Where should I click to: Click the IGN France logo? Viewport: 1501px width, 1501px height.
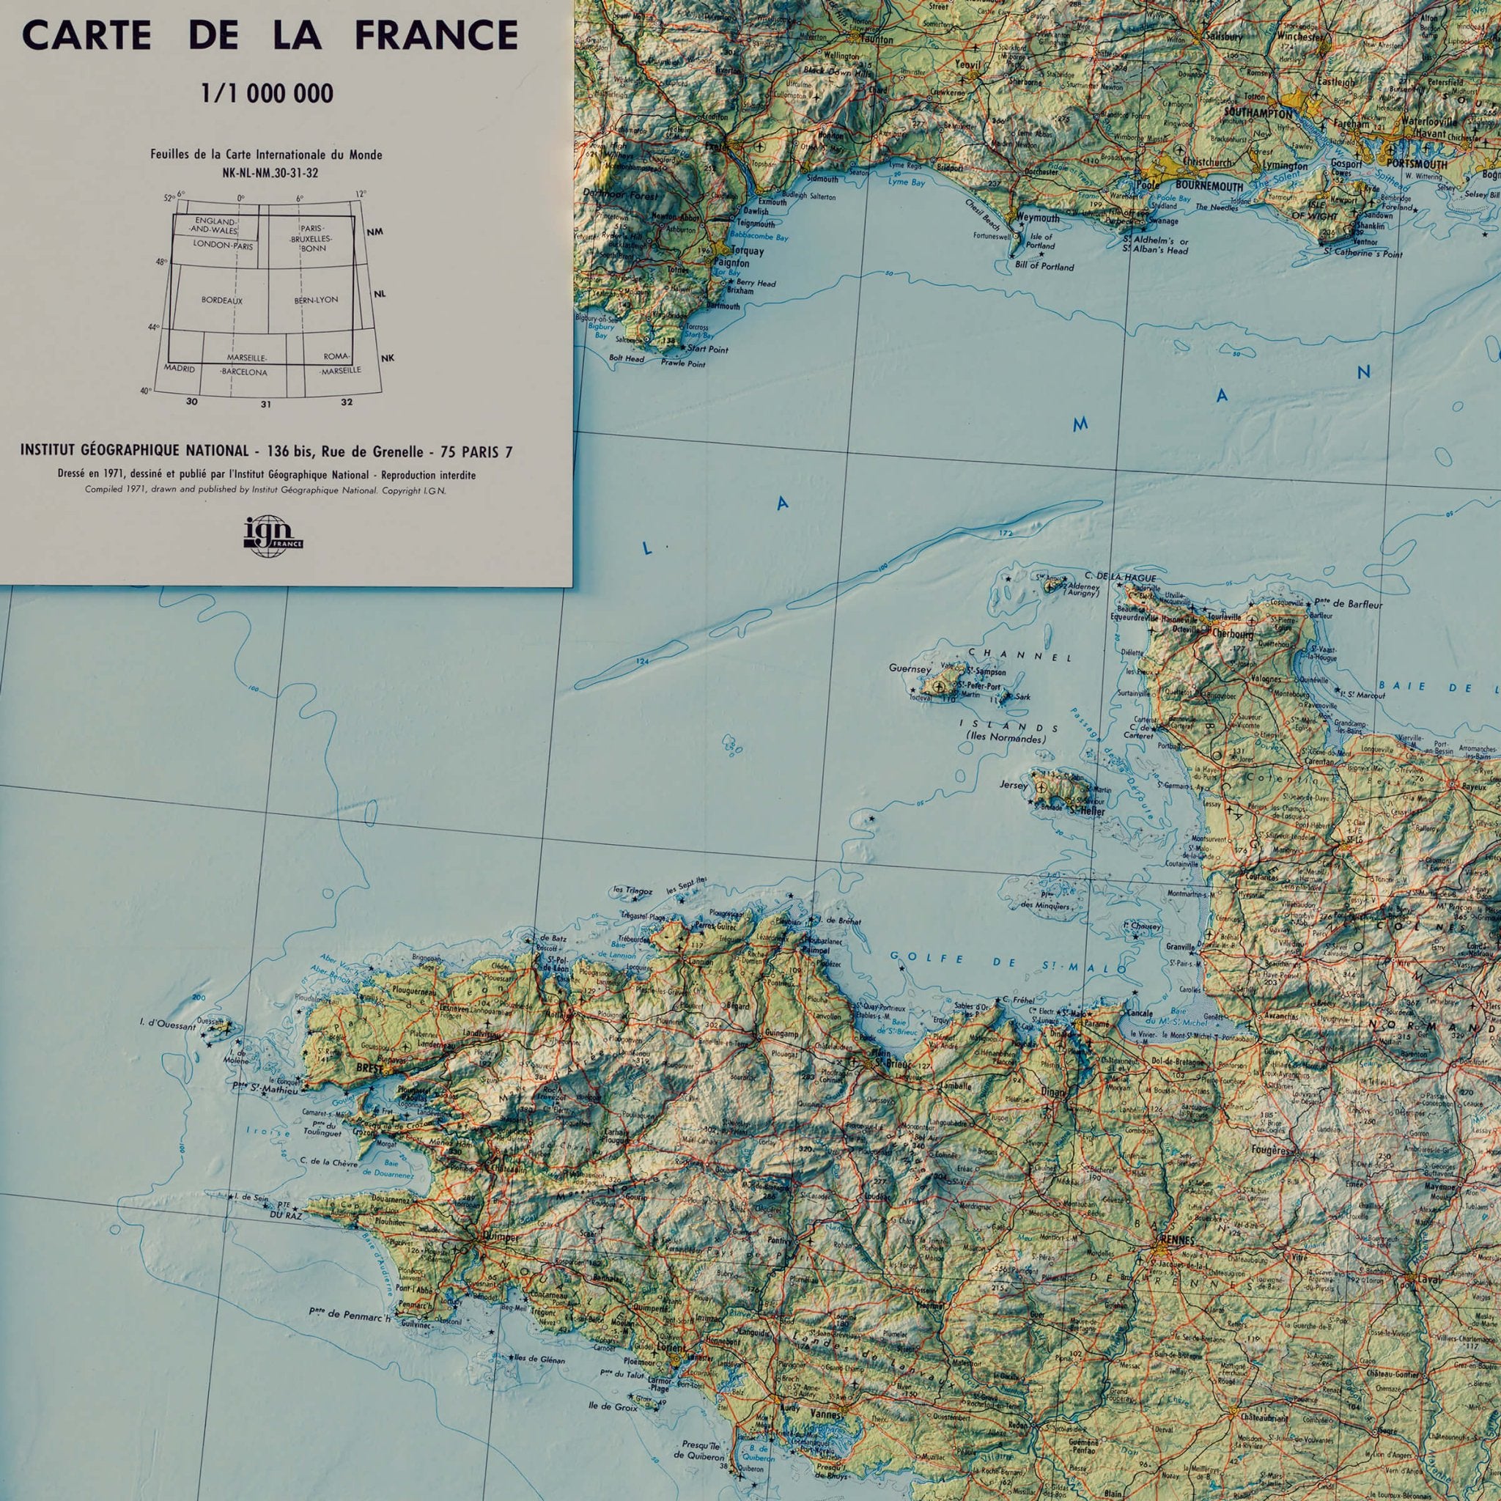coord(273,536)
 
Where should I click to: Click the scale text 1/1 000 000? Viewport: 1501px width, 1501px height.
coord(268,94)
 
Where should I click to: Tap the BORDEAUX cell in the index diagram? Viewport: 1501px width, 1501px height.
coord(222,300)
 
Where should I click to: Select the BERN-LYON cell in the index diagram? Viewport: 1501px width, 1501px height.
coord(316,299)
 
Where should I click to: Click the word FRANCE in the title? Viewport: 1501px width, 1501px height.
coord(436,36)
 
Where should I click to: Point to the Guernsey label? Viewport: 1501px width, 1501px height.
coord(910,668)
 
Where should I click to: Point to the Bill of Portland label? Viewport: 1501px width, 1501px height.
coord(1044,267)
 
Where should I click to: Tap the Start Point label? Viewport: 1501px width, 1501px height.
coord(708,350)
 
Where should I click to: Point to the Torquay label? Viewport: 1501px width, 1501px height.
coord(747,251)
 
